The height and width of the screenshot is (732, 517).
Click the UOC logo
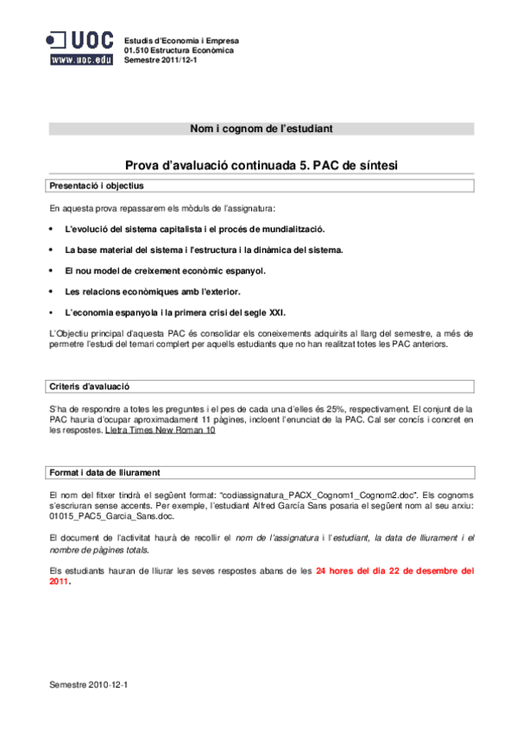point(79,41)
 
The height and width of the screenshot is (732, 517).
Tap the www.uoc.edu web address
point(80,60)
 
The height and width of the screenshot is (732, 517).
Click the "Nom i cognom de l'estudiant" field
point(261,129)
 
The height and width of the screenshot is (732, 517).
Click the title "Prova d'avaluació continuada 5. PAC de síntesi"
point(261,165)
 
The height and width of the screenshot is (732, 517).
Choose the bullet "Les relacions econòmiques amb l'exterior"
point(153,292)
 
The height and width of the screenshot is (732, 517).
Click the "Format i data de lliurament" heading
point(104,472)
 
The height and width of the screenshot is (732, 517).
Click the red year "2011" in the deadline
point(60,582)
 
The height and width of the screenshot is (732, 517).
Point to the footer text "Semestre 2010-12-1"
point(89,684)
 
